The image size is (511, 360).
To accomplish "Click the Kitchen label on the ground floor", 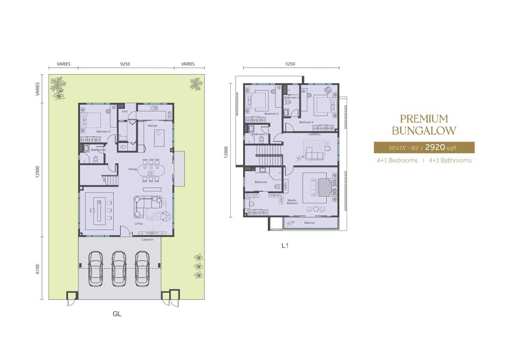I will pos(153,126).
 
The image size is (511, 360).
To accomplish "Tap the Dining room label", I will pos(133,169).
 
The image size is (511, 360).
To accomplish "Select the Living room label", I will pos(138,223).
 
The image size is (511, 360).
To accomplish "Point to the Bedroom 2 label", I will pos(103,132).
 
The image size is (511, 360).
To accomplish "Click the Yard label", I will pos(125,112).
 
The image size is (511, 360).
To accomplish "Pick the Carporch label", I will pos(147,239).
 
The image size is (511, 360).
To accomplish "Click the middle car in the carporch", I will pos(119,268).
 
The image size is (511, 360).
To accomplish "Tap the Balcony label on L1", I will pos(309,223).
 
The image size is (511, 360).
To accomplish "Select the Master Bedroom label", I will pos(292,202).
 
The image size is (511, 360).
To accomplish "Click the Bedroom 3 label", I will pos(271,114).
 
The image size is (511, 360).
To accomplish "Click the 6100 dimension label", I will pos(37,269).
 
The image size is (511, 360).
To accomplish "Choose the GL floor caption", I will pos(117,314).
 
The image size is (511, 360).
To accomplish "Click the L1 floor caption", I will pos(285,246).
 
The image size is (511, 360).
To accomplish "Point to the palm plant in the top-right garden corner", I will pos(196,84).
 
